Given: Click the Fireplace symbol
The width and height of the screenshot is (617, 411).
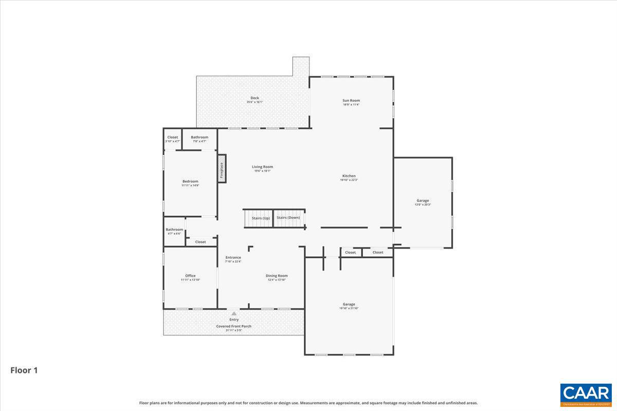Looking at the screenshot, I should tap(222, 169).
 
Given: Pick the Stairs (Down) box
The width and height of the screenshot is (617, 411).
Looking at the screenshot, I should tap(288, 218).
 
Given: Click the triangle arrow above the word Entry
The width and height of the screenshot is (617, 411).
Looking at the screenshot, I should tap(234, 313).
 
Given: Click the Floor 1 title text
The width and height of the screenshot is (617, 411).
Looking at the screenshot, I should tap(24, 370).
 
